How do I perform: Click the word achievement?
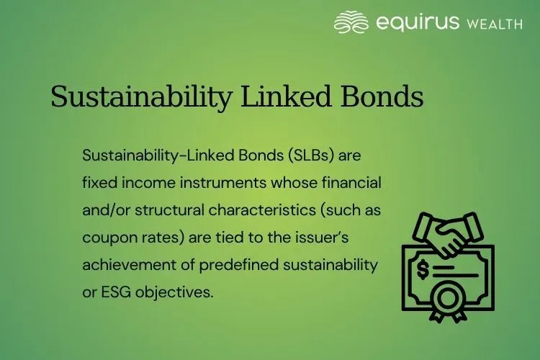127,264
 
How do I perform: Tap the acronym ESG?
116,292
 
